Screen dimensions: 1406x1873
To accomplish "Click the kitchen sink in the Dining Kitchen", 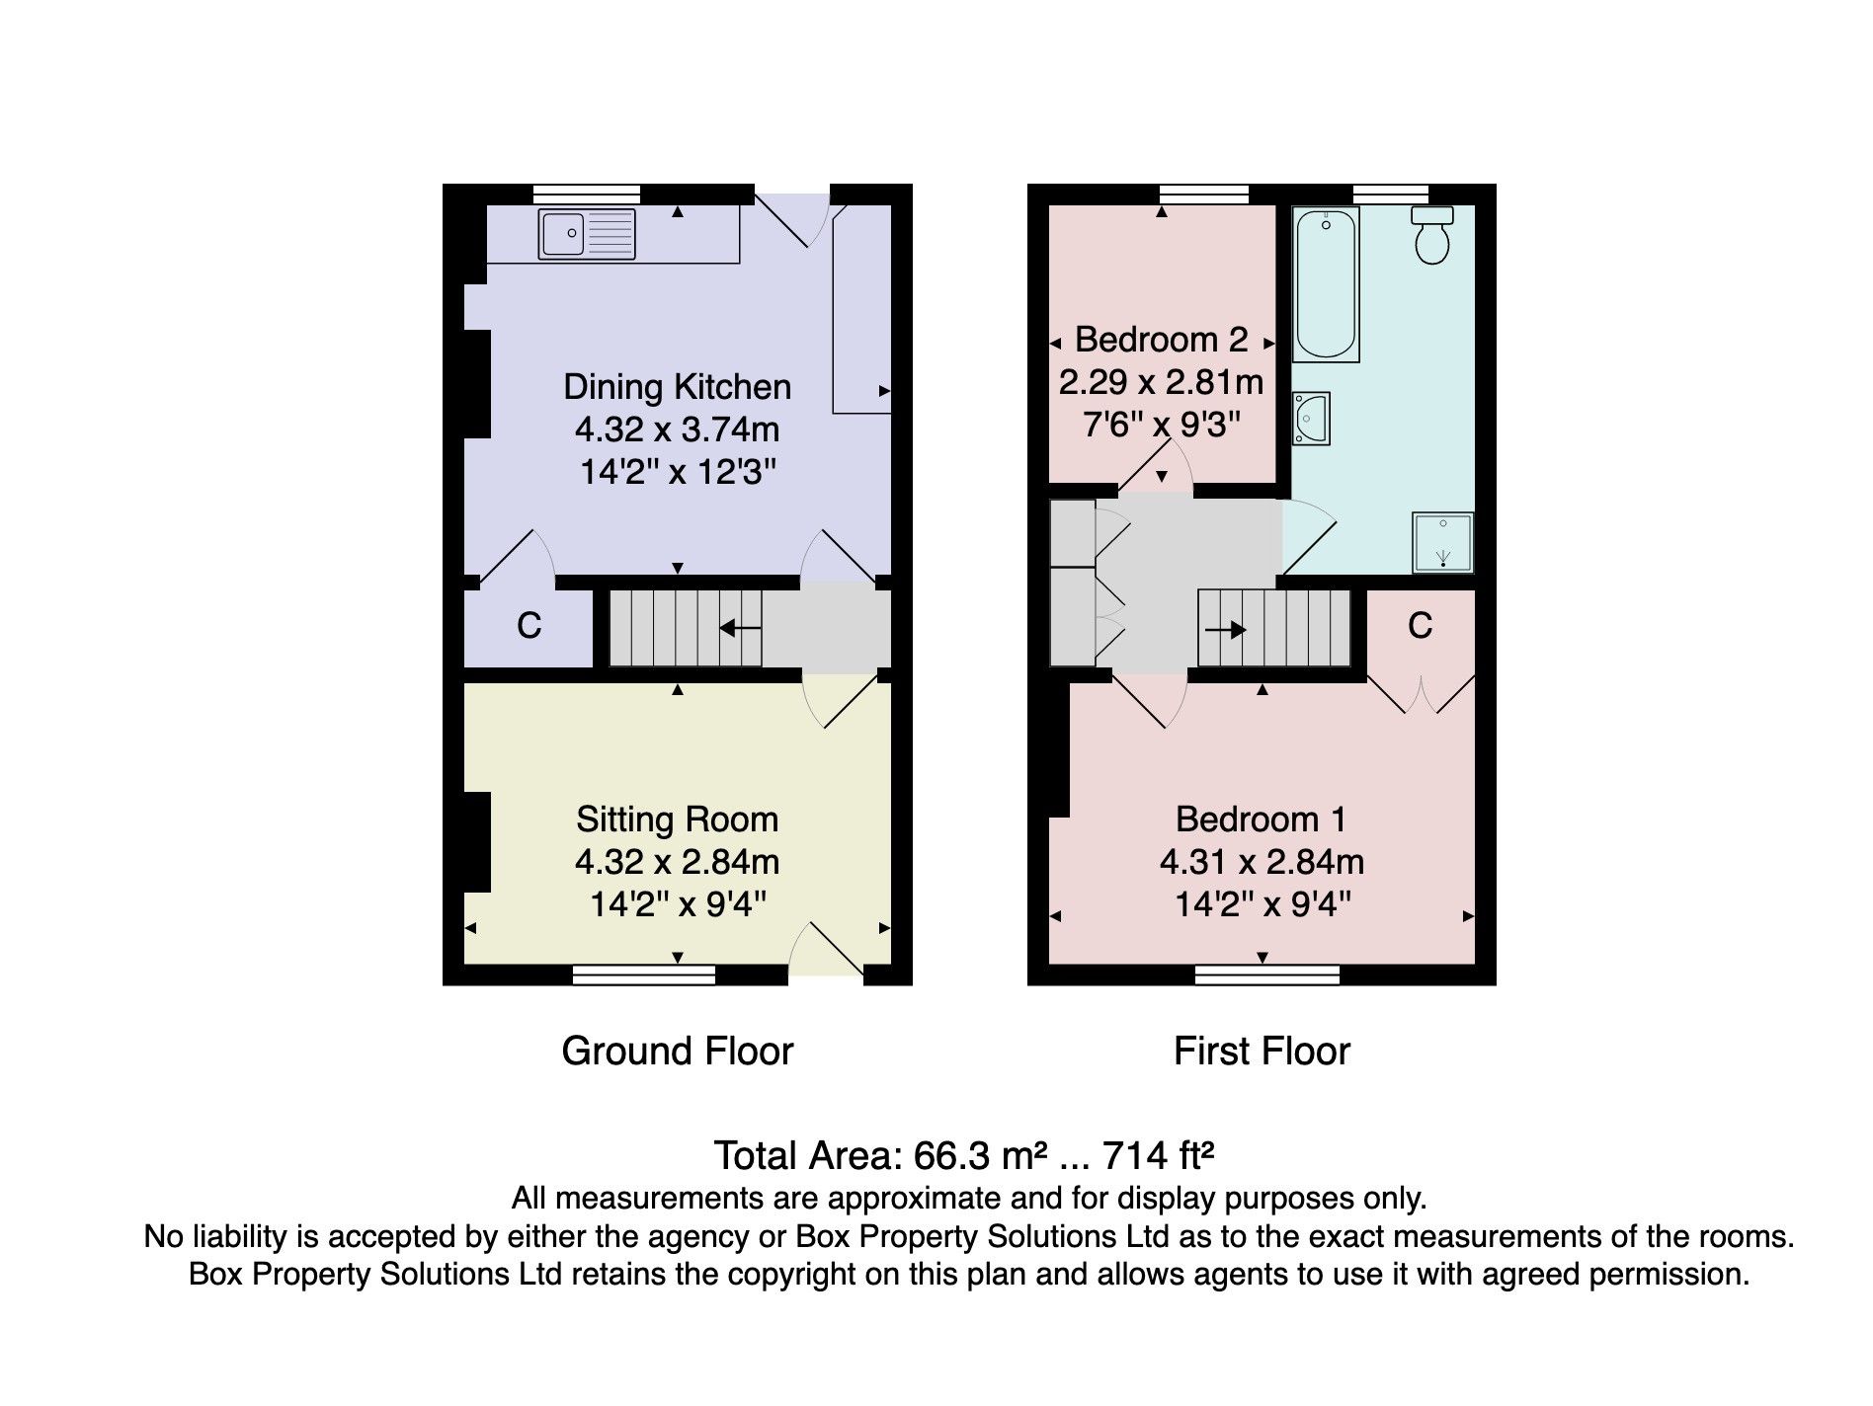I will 586,234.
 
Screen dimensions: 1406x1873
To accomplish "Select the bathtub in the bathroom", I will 1326,283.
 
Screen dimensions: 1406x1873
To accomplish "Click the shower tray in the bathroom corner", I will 1442,542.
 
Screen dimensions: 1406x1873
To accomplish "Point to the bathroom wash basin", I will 1312,418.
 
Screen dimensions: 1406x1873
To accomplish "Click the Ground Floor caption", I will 677,1051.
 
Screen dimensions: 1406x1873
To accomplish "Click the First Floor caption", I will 1261,1051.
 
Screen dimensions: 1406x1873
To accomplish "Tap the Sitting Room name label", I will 677,819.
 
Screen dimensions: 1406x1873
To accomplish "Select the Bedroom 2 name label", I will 1161,340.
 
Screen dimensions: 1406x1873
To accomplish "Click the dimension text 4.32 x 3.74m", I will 677,430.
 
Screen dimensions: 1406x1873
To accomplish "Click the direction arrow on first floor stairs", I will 1226,629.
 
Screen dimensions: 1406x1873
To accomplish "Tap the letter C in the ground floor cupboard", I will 529,625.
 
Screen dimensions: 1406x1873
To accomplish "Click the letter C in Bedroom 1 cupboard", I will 1420,625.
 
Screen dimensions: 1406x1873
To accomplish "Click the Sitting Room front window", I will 644,976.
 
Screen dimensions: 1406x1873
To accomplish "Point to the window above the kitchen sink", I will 586,194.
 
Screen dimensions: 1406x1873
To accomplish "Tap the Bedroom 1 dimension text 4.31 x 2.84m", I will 1261,862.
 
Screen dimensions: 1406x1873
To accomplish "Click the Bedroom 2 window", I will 1203,194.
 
